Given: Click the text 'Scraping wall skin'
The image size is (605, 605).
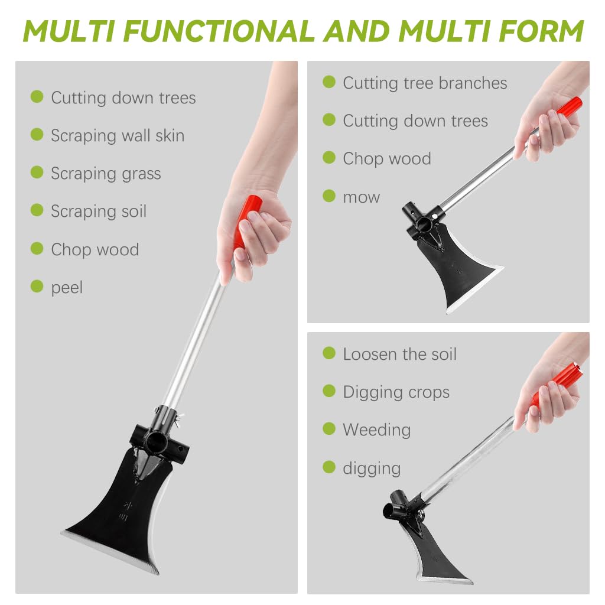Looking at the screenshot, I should pos(118,136).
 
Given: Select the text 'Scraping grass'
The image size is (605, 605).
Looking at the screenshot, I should pos(106,174).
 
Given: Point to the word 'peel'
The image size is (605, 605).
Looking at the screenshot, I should pos(67,288).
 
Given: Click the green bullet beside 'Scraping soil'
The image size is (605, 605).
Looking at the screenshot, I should pos(37,210).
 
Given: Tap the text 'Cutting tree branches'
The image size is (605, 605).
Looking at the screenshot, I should pos(425,83).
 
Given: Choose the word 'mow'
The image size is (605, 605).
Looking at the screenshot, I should pos(361,197).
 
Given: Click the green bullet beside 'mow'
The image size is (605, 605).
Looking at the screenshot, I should pos(329,196).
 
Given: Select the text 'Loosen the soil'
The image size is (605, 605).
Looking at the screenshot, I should pos(399,354).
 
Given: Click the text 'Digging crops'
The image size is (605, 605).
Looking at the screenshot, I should pos(396,392).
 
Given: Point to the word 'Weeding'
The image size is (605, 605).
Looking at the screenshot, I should pos(376,430).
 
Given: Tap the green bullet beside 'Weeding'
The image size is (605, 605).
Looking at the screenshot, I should pos(329,429).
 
